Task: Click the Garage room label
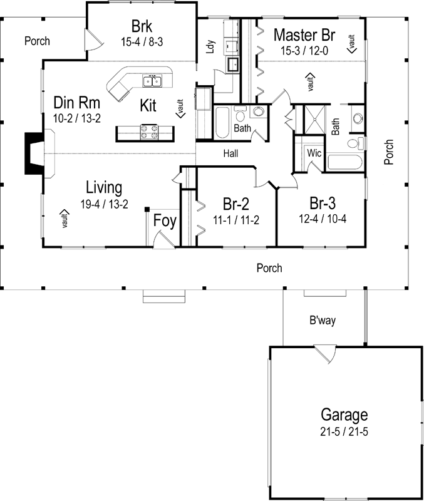coord(344,414)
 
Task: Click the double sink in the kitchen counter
coord(151,80)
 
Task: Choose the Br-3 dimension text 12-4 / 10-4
coord(323,219)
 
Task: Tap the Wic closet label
coord(314,152)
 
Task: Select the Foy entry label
coord(165,222)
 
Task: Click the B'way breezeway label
coord(323,321)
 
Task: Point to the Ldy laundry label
coord(211,48)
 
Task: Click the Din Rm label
coord(76,102)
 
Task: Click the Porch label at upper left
coord(37,41)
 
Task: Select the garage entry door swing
coord(324,354)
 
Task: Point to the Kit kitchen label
coord(148,104)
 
